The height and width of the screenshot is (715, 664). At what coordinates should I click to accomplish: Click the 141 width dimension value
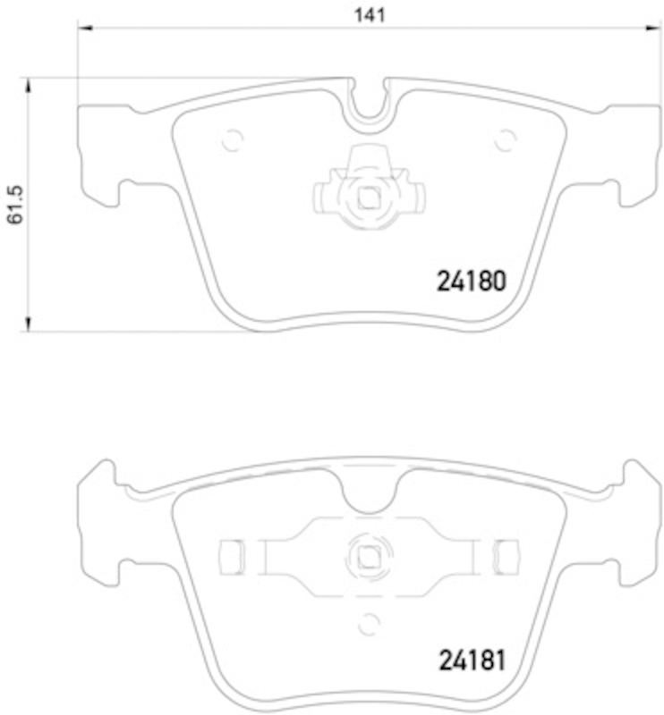[x=370, y=15]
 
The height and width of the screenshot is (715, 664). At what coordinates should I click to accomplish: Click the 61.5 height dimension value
[x=15, y=205]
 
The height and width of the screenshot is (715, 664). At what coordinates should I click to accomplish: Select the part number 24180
[x=472, y=281]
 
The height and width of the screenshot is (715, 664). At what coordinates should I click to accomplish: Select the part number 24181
[x=472, y=660]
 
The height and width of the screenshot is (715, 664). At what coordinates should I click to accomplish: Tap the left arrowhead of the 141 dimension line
[x=85, y=29]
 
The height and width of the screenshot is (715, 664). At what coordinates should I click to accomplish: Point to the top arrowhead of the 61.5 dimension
[x=28, y=85]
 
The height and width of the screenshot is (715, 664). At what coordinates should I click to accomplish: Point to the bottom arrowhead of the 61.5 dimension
[x=28, y=324]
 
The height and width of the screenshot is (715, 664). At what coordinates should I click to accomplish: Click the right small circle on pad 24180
[x=506, y=139]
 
